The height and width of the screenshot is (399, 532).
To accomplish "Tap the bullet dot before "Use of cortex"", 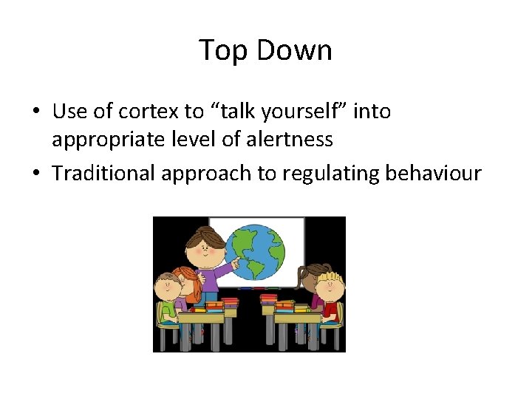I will tap(35, 112).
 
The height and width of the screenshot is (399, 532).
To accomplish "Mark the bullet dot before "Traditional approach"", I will tap(35, 174).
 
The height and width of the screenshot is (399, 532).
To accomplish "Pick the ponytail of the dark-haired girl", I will tap(303, 279).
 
